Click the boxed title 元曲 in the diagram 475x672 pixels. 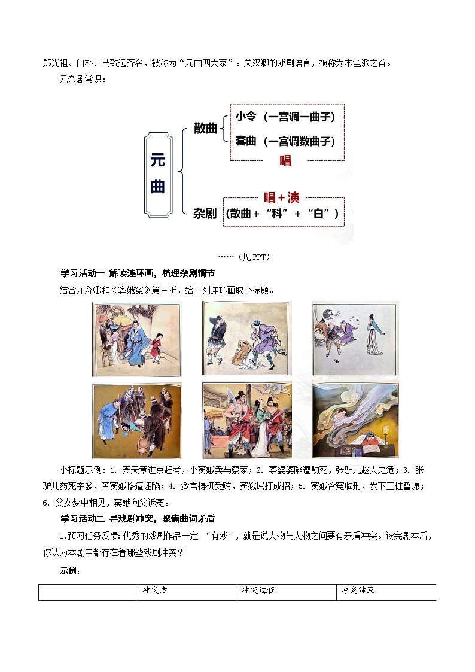pyautogui.click(x=158, y=174)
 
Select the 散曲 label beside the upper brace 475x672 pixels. pyautogui.click(x=205, y=128)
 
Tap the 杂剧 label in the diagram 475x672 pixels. pyautogui.click(x=205, y=213)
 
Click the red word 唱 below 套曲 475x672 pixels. pyautogui.click(x=285, y=160)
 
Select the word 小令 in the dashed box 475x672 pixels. pyautogui.click(x=246, y=117)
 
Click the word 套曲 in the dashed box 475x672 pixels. pyautogui.click(x=246, y=141)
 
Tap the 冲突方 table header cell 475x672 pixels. pyautogui.click(x=154, y=590)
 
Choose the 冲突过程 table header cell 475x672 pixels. pyautogui.click(x=258, y=590)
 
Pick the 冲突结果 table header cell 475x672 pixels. pyautogui.click(x=358, y=590)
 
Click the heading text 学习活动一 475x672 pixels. pyautogui.click(x=83, y=273)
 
